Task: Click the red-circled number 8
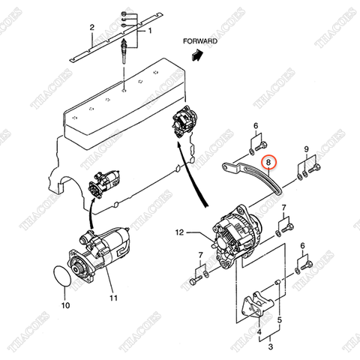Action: (x=268, y=162)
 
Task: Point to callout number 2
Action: (x=91, y=28)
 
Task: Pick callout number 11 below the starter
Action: (x=114, y=298)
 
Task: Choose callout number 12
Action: (x=179, y=232)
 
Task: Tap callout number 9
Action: (x=305, y=151)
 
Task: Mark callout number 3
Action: (x=271, y=347)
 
